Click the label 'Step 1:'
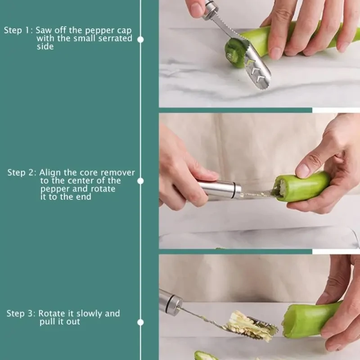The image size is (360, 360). click(18, 31)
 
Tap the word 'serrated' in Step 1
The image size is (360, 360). click(116, 39)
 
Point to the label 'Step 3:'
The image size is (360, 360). click(21, 314)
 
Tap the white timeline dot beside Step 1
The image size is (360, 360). click(140, 40)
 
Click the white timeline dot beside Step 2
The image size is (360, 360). click(140, 181)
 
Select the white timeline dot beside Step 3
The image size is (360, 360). click(140, 322)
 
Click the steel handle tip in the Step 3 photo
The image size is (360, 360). click(171, 302)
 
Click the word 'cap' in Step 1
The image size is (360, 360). click(124, 31)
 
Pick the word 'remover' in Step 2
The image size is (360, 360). click(117, 173)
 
